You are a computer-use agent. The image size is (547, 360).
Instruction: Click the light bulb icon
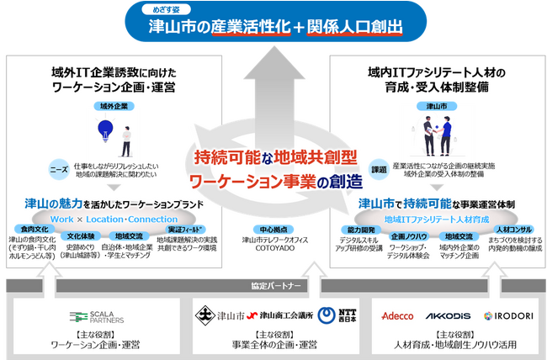(106, 129)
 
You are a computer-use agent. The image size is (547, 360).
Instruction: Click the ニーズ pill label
(60, 166)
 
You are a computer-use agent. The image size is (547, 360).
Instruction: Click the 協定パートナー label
(274, 285)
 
